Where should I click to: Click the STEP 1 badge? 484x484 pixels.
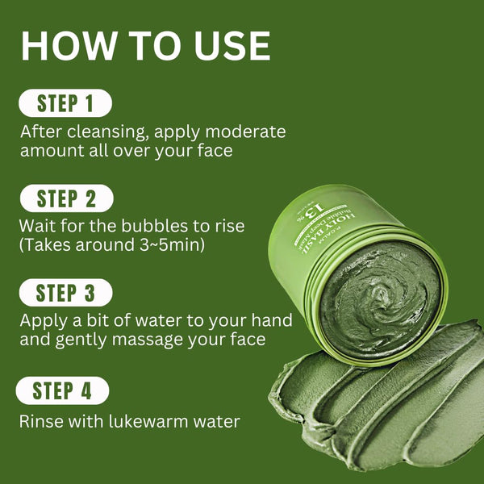point(65,103)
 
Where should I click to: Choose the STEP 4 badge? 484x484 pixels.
point(64,391)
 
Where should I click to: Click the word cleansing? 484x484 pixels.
point(104,131)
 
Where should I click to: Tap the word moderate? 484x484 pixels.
point(247,131)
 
